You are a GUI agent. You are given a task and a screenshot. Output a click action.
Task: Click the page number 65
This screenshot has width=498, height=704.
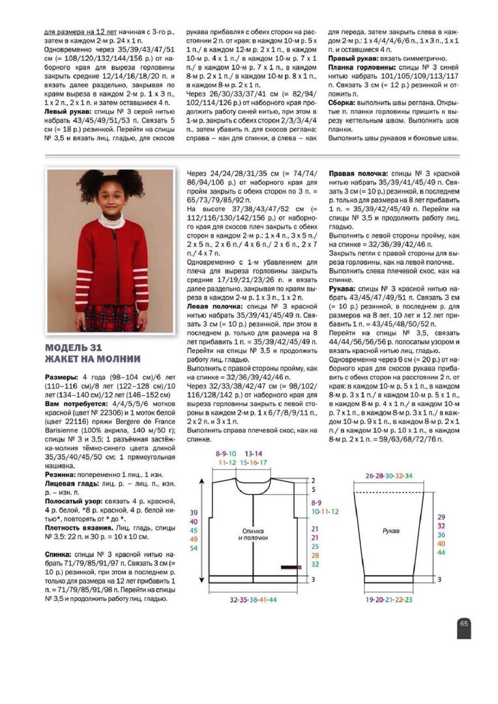tap(464, 623)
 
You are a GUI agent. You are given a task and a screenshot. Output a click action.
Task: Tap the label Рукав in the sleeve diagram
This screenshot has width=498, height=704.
tap(391, 531)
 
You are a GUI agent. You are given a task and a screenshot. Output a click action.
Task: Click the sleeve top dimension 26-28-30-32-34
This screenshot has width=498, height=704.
tap(389, 476)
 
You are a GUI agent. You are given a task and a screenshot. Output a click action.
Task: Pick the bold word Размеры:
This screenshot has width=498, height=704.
tap(62, 377)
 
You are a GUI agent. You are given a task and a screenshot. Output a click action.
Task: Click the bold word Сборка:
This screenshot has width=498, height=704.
tap(343, 103)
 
